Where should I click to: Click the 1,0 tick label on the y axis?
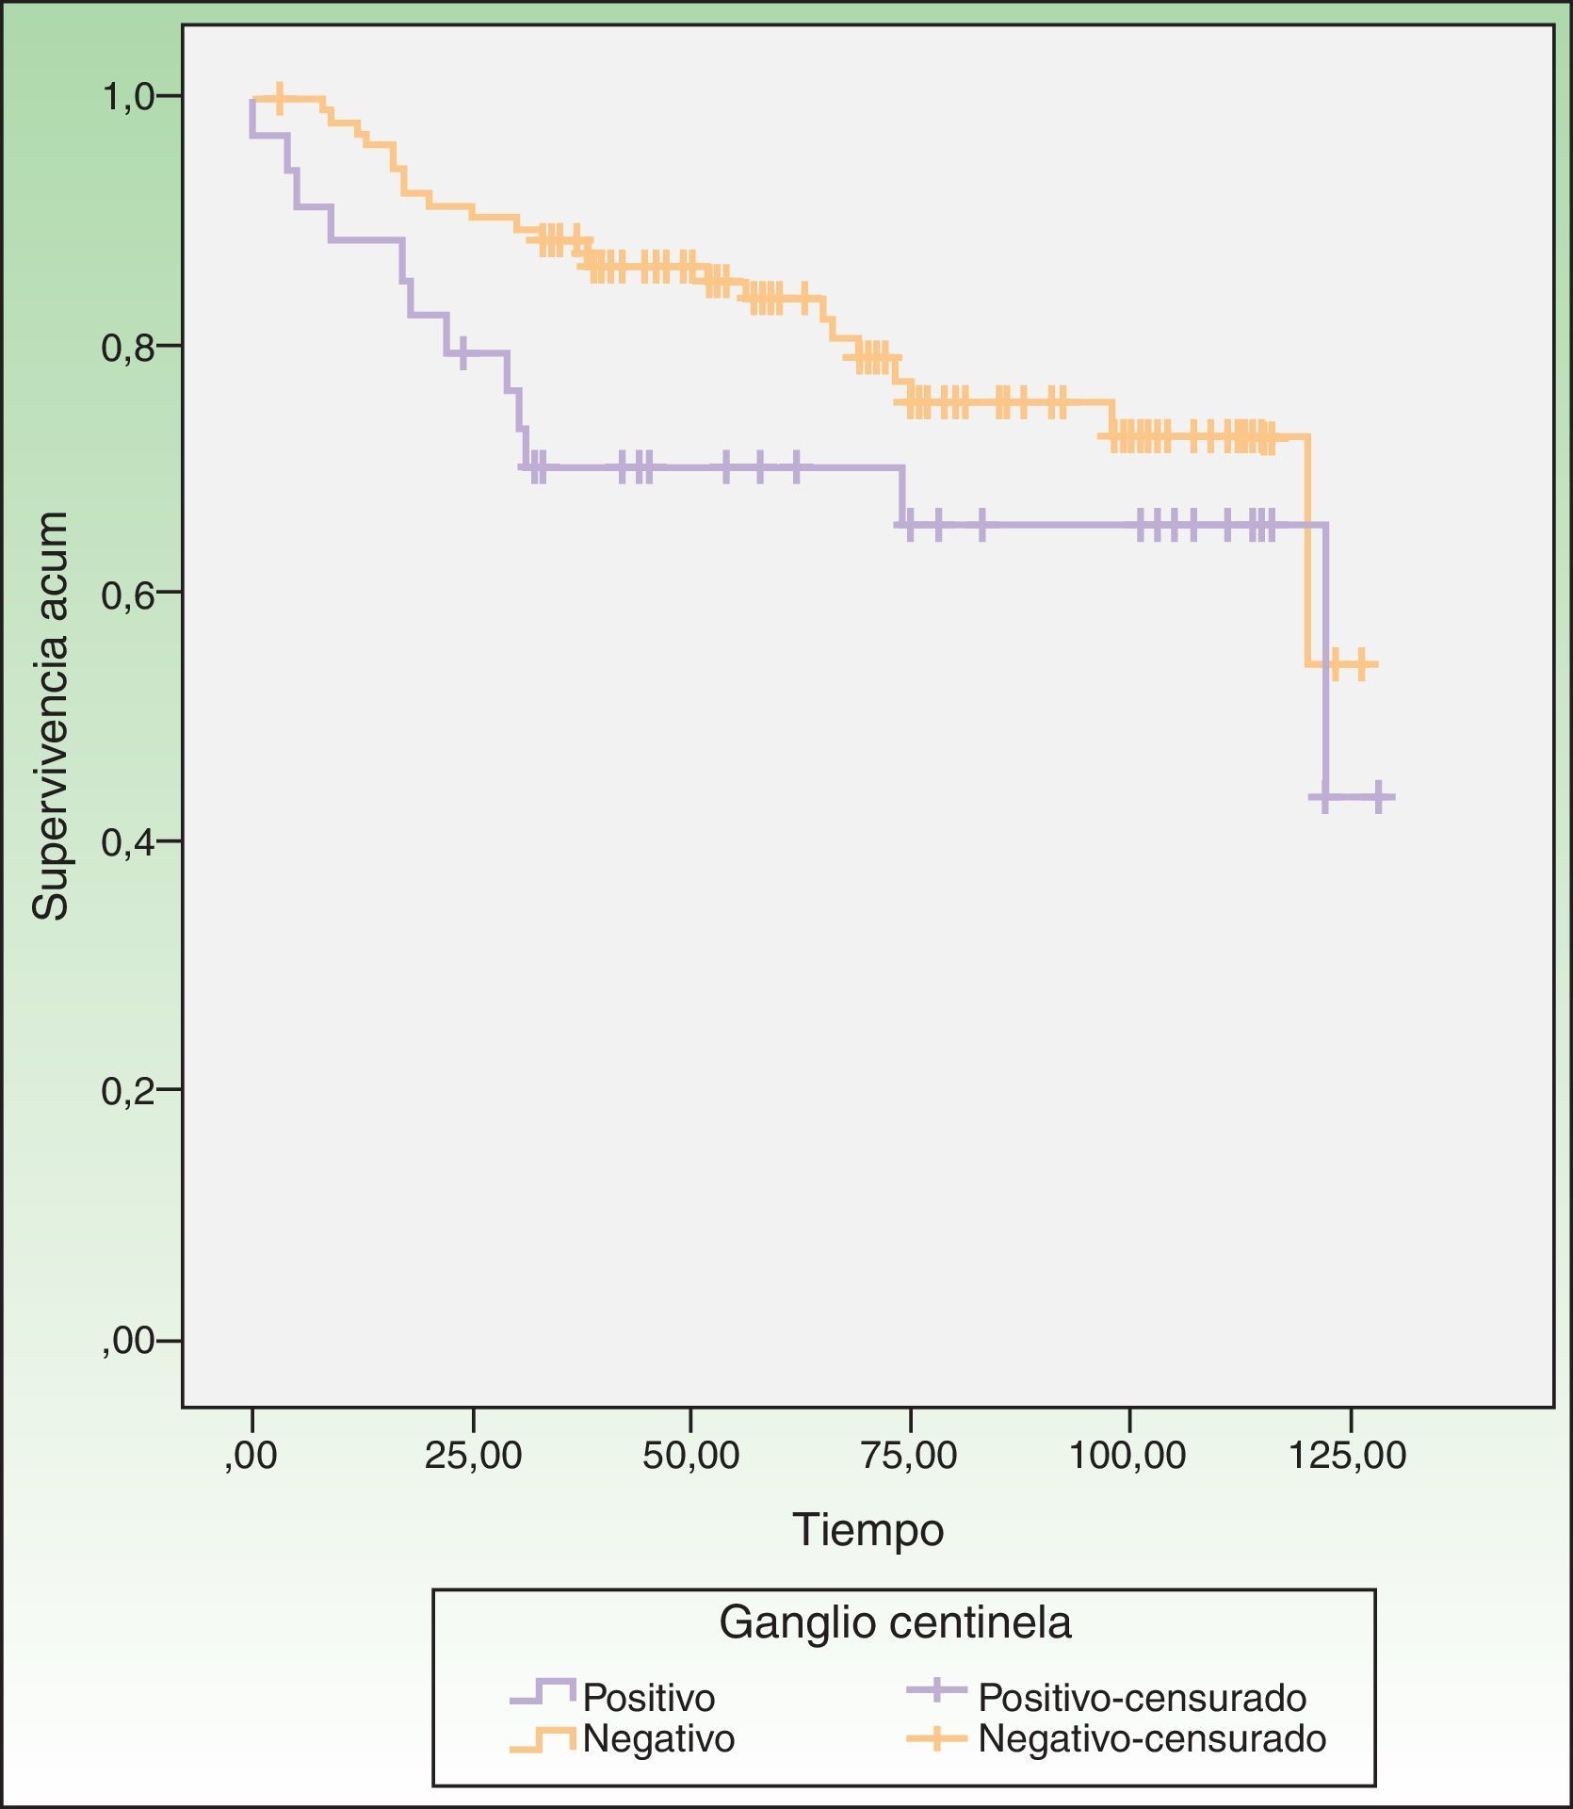pos(128,96)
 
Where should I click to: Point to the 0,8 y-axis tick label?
pos(128,347)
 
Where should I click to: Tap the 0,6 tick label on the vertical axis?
pos(128,595)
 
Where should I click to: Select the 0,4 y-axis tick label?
pos(128,842)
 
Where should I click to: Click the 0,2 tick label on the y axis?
pos(128,1091)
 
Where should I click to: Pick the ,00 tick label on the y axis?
pos(130,1340)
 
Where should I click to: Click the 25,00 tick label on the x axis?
pos(473,1456)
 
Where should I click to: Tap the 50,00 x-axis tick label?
pos(691,1456)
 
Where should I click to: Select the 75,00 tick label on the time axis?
pos(910,1456)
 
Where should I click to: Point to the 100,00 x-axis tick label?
pos(1128,1456)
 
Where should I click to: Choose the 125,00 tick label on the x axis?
pos(1349,1456)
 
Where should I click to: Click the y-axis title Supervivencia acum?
pos(51,716)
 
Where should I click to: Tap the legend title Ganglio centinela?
pos(895,1623)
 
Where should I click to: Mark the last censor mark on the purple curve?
pos(1379,797)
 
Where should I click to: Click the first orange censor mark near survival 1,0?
pos(279,98)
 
